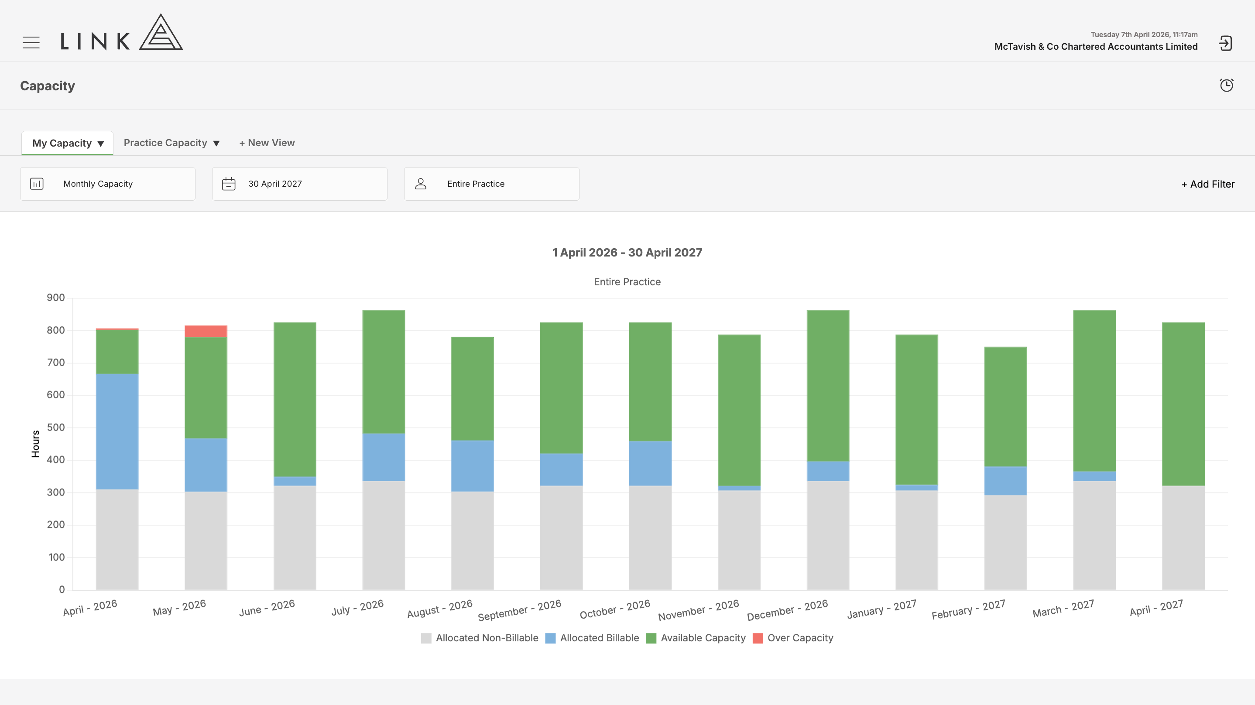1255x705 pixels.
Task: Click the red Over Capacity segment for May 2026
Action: click(206, 331)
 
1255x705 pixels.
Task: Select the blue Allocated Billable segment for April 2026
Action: click(117, 431)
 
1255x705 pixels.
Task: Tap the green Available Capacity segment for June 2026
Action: click(295, 400)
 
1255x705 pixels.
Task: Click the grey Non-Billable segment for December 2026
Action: click(828, 535)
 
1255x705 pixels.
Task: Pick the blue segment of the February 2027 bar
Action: click(1005, 481)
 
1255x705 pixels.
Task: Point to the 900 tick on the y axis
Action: click(55, 298)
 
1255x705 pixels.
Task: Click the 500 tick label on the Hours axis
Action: click(55, 427)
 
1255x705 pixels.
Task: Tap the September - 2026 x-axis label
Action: click(519, 610)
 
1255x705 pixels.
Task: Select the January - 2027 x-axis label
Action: click(882, 609)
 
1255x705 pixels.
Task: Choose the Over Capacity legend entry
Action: click(793, 638)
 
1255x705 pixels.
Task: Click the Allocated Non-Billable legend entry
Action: click(480, 638)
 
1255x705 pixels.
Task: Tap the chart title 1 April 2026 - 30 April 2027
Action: click(627, 252)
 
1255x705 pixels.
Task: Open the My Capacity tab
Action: click(67, 143)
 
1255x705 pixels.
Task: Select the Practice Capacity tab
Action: click(171, 143)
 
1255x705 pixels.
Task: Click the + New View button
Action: click(267, 143)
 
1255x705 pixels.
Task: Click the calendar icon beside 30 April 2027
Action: click(229, 184)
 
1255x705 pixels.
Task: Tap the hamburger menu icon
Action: click(31, 43)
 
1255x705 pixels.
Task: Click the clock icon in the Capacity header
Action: click(1226, 85)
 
